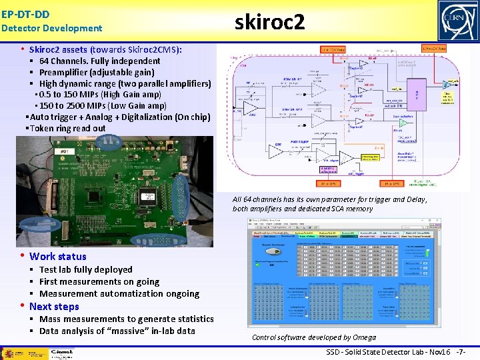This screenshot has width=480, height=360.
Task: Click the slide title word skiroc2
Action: [x=270, y=23]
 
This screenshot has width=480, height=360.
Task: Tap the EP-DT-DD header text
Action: [x=25, y=13]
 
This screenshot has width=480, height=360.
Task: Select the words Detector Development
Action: [x=52, y=28]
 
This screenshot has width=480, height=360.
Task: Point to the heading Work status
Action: [x=57, y=256]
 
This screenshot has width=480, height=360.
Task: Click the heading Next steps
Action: [x=54, y=307]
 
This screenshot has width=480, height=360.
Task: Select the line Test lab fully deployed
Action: [x=85, y=269]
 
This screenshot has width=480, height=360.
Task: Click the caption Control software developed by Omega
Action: [x=313, y=337]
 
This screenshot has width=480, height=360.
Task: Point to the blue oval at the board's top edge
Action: [x=108, y=142]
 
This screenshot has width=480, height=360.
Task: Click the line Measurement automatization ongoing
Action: [x=119, y=293]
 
